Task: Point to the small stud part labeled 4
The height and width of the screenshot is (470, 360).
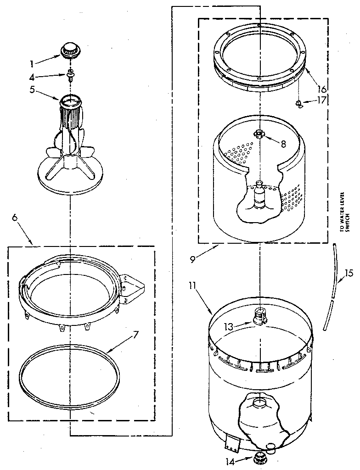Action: pyautogui.click(x=70, y=74)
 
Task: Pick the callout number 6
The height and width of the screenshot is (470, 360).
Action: pyautogui.click(x=15, y=218)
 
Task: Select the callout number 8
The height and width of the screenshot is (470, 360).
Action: pyautogui.click(x=283, y=143)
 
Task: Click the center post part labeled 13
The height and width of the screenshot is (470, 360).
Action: pyautogui.click(x=260, y=316)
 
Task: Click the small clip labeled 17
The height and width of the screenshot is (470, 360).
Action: pyautogui.click(x=299, y=104)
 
